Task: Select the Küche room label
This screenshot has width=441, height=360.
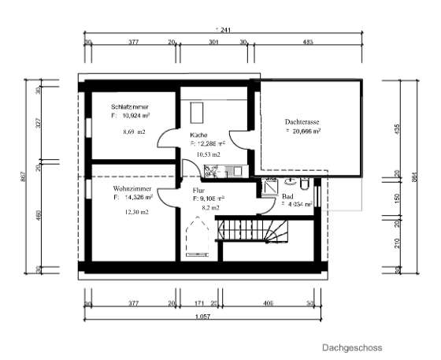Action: pyautogui.click(x=198, y=135)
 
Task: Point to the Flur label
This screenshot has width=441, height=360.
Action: pyautogui.click(x=198, y=190)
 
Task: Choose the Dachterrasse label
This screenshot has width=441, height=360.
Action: pyautogui.click(x=302, y=122)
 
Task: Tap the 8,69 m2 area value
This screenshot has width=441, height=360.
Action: pyautogui.click(x=134, y=132)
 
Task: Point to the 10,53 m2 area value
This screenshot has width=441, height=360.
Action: pyautogui.click(x=206, y=154)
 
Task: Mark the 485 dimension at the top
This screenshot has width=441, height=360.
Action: pyautogui.click(x=308, y=43)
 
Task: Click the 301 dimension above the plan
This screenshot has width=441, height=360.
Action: pyautogui.click(x=213, y=43)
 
